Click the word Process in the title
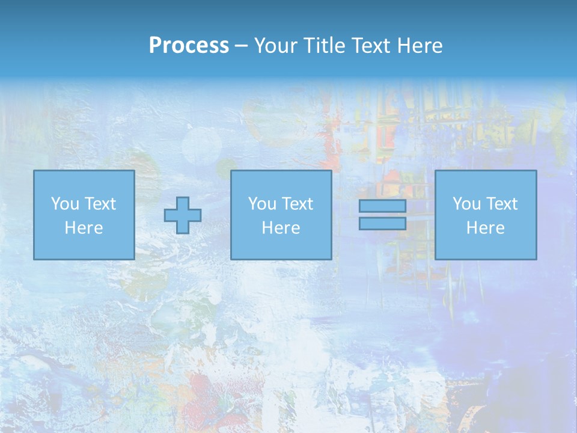(189, 46)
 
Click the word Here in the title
(421, 46)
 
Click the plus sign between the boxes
(183, 215)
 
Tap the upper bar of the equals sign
(382, 206)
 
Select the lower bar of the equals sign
(382, 224)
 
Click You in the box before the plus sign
(65, 204)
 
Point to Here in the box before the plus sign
(84, 228)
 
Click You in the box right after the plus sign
(262, 204)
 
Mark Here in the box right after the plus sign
(281, 228)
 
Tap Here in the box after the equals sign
(486, 228)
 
